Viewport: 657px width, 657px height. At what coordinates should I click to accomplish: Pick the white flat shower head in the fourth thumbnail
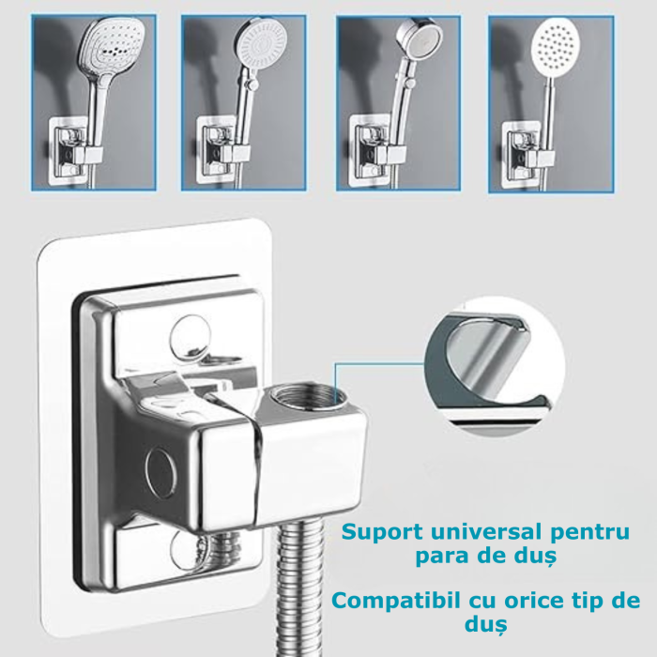[x=561, y=46]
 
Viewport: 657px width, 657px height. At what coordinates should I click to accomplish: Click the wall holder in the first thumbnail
[x=76, y=145]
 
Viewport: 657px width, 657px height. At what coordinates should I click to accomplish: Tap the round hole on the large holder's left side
[x=160, y=465]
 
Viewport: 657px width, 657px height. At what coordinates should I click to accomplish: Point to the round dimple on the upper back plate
[x=192, y=334]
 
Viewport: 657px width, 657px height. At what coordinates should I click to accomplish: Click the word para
[x=440, y=557]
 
